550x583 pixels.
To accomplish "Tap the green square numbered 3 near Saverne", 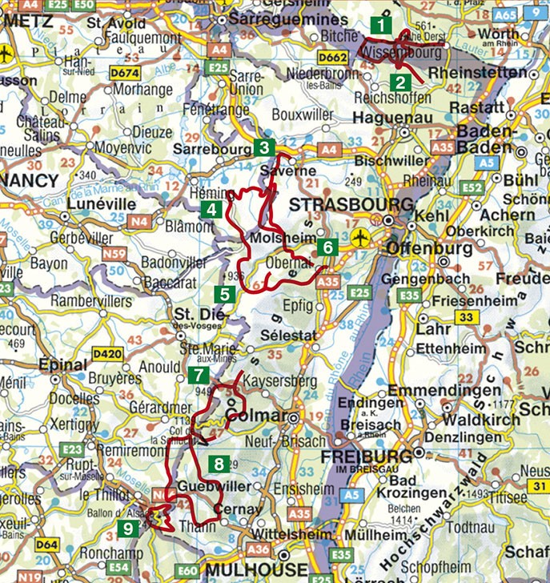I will [x=263, y=147].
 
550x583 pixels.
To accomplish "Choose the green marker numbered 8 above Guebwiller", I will [x=218, y=464].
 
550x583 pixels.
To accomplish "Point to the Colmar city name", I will [x=254, y=416].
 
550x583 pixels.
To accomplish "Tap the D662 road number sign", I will [x=333, y=58].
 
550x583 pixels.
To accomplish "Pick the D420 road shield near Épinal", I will [x=105, y=352].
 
